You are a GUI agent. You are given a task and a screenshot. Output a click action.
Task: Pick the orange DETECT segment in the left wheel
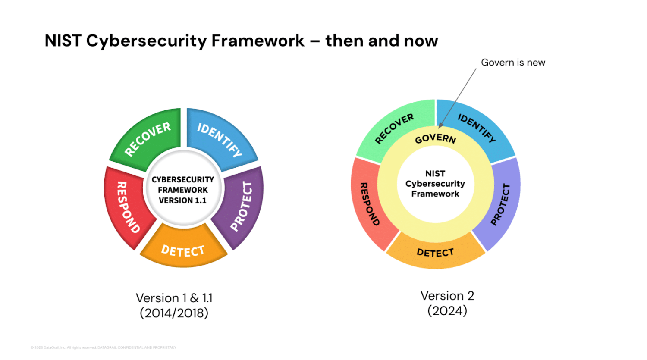183,249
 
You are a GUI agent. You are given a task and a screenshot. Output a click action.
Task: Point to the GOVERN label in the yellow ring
435,139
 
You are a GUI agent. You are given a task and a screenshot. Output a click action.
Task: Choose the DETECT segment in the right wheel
435,252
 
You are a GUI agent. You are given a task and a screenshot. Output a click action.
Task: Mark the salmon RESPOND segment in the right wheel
369,203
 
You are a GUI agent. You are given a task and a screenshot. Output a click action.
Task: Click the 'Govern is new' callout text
513,63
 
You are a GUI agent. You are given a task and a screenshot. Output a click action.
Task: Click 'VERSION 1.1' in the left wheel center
182,200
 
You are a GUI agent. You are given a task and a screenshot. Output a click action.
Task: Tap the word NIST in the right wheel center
435,174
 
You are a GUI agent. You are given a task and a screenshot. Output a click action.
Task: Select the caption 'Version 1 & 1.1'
174,298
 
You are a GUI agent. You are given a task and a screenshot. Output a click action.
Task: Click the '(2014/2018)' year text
174,313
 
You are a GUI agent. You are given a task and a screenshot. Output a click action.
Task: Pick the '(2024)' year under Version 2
447,311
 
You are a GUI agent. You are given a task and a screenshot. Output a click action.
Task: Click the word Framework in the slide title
258,41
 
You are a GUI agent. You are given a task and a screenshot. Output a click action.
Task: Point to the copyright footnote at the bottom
104,347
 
